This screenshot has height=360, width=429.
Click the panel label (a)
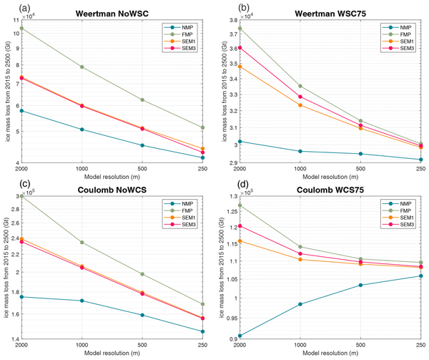[9, 6]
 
